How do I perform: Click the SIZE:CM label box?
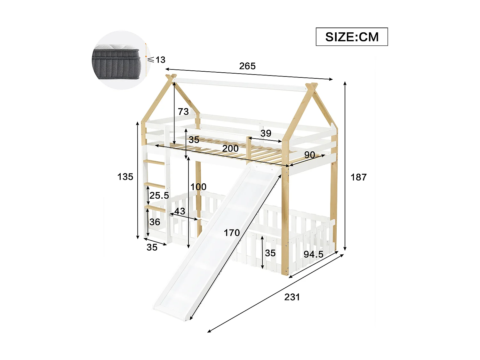click(x=352, y=37)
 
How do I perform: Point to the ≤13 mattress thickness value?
click(x=156, y=60)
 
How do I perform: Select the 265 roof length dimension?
click(x=247, y=66)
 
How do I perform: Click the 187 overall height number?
click(x=358, y=177)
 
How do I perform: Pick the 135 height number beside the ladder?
click(x=125, y=177)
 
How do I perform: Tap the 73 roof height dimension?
click(x=183, y=112)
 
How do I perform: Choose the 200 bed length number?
click(x=230, y=148)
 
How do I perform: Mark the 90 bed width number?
click(x=309, y=155)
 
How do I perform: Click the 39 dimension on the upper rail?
click(x=266, y=133)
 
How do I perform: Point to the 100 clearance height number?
click(x=198, y=187)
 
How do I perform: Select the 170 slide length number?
click(x=232, y=233)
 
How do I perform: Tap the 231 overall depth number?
click(x=292, y=297)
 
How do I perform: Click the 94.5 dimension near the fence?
click(x=314, y=254)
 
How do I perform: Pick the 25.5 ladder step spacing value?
click(x=159, y=195)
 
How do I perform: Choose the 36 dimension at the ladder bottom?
click(x=155, y=222)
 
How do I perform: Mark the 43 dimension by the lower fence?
click(x=180, y=211)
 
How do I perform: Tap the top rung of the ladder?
click(x=155, y=163)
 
